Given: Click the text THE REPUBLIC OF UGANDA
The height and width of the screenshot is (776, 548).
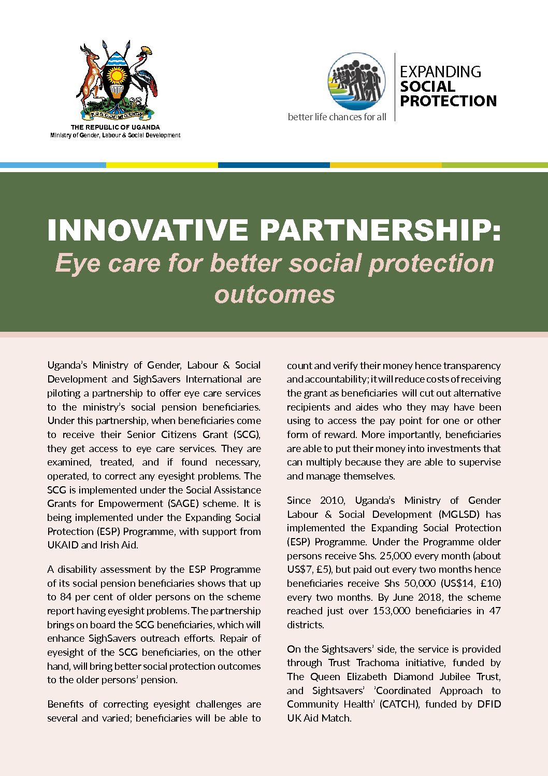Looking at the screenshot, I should coord(115,127).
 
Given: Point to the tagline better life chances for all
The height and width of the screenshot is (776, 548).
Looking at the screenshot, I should coord(337,117).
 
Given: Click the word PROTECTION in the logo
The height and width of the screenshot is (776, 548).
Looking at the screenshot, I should coord(448,101).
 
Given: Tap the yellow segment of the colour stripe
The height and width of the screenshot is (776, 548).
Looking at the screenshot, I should coord(162,165).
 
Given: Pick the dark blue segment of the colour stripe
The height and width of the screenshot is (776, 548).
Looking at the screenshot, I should coord(273,165).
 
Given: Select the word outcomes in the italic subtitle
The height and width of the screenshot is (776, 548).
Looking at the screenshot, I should coord(275,294).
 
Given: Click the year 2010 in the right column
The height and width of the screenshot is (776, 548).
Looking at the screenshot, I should coord(332,501).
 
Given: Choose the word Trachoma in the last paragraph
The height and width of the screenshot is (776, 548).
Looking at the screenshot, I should coord(378,663).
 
